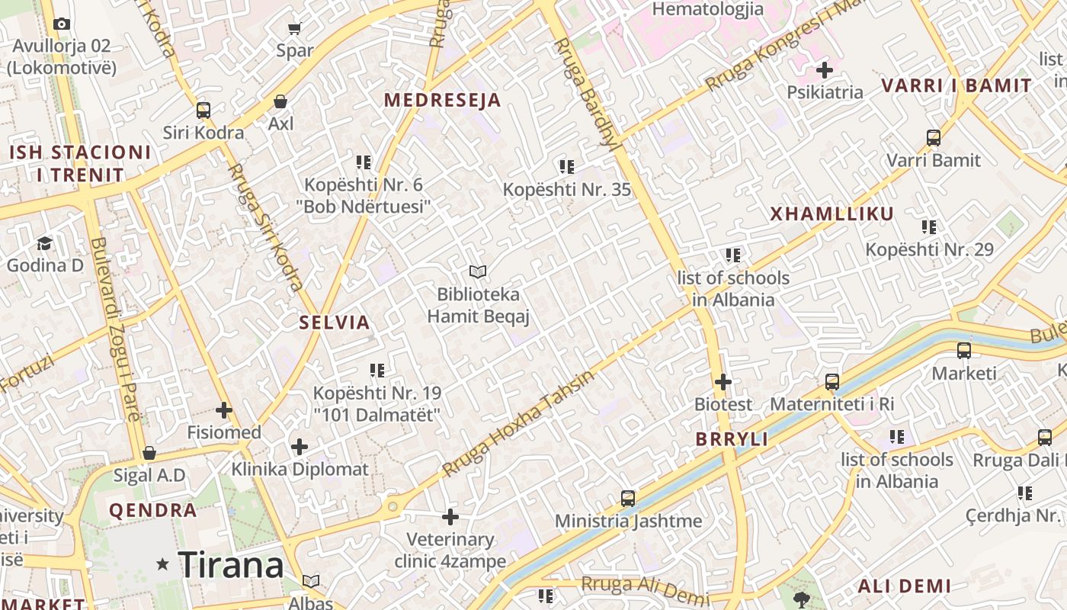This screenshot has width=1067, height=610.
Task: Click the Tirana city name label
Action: pos(231,565)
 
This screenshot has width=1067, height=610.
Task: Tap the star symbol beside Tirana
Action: pos(162,564)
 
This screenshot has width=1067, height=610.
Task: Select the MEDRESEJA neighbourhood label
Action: pos(442,100)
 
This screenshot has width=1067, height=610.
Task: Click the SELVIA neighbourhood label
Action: pos(335,322)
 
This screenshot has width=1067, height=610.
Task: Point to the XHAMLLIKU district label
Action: pos(831,213)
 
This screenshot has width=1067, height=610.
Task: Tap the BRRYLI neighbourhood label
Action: pos(732,439)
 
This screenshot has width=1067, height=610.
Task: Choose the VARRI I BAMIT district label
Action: pos(956,85)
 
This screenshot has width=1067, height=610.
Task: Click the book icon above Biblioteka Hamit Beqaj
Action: pos(478,271)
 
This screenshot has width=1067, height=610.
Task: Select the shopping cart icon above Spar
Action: pos(295,29)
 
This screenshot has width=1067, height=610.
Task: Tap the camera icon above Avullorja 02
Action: pos(62,24)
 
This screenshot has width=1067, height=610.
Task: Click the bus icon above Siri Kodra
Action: pos(203,110)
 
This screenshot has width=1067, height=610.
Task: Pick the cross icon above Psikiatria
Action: pos(825,70)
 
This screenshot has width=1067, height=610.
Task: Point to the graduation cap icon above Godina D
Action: pos(45,243)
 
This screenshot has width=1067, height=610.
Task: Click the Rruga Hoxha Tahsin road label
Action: pos(517,424)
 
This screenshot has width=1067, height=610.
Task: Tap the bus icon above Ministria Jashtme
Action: pos(628,499)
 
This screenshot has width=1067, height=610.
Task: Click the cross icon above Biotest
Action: pos(723,382)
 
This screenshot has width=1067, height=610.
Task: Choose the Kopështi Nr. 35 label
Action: pos(567,189)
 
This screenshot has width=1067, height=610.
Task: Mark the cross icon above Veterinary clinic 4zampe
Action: pos(450,517)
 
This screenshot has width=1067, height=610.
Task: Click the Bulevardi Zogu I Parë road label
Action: pos(115,329)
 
